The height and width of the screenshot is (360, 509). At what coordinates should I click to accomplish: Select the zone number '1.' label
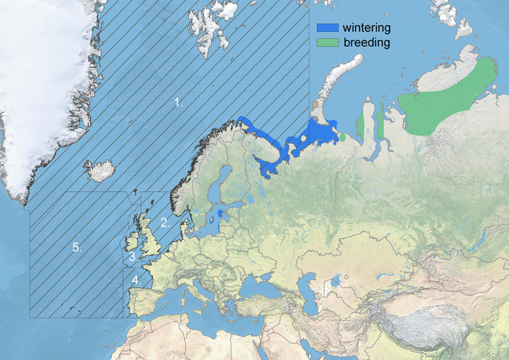(x=179, y=102)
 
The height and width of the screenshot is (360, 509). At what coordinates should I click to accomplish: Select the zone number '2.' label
(x=164, y=223)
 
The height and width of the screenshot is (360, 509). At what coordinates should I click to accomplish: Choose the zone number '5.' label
(x=77, y=247)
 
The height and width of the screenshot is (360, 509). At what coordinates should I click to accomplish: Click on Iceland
(x=101, y=170)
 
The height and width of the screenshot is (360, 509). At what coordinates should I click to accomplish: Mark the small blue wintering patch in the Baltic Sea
(x=220, y=213)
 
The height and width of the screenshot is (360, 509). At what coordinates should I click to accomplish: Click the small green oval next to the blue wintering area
(x=342, y=137)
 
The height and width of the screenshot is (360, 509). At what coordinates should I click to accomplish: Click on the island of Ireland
(x=133, y=242)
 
